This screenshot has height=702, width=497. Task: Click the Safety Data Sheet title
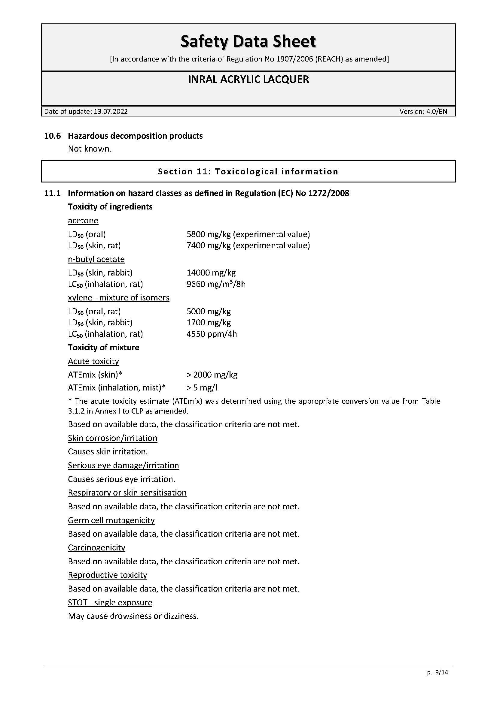(x=248, y=41)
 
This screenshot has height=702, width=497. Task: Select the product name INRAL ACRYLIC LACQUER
(x=248, y=80)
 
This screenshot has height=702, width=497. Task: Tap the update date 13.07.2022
(x=111, y=112)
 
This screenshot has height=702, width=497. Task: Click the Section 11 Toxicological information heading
(x=248, y=172)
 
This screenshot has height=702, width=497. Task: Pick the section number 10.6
(x=53, y=136)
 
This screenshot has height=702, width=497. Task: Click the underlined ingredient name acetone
(x=83, y=221)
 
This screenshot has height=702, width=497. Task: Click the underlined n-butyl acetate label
(x=96, y=259)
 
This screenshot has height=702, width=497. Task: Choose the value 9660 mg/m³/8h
(x=216, y=284)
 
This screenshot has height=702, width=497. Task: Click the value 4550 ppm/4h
(x=212, y=334)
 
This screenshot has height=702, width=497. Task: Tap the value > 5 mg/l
(x=202, y=388)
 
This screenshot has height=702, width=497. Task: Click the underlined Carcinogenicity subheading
(x=96, y=548)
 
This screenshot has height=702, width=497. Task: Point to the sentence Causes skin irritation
(x=108, y=452)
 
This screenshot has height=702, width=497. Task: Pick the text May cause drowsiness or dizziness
(x=133, y=616)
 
